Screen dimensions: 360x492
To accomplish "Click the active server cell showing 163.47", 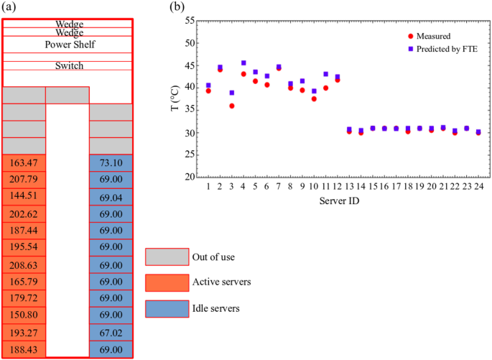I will (24, 162).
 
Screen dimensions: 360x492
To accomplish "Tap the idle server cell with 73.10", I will (111, 162).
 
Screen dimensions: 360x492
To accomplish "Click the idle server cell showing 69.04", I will (111, 197).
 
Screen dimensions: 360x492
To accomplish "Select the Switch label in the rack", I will (70, 66).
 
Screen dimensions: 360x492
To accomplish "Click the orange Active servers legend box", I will (167, 282).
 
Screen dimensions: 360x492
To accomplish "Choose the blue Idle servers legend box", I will (167, 308).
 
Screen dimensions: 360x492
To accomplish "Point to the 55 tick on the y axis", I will (190, 21).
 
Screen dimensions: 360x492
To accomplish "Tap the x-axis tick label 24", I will (478, 187).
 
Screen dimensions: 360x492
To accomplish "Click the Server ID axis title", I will (340, 201).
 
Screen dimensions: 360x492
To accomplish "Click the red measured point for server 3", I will (232, 106).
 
